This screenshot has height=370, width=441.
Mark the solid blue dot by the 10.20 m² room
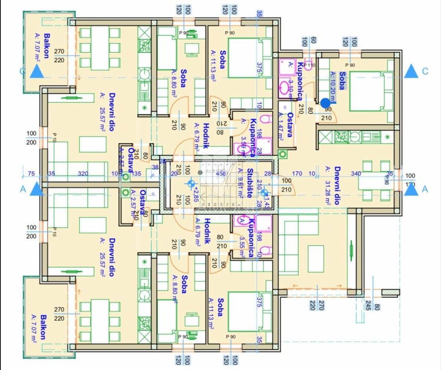click(x=325, y=102)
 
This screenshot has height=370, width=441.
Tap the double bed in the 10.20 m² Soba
click(x=366, y=91)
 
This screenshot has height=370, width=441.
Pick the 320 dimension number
click(x=82, y=173)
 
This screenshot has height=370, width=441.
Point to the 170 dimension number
click(x=297, y=173)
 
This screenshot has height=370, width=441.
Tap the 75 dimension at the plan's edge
click(x=31, y=173)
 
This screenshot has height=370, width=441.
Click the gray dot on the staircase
click(x=200, y=172)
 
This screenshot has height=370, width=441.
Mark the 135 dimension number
click(x=137, y=173)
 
